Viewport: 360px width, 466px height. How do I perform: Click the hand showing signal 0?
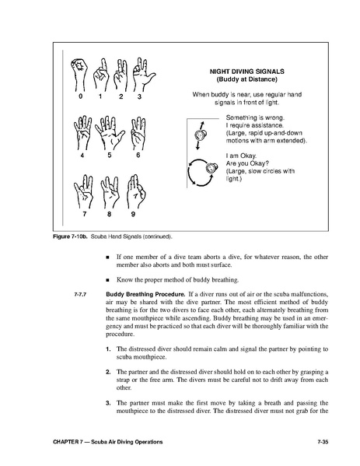coord(79,75)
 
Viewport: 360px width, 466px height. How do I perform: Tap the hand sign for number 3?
coord(144,75)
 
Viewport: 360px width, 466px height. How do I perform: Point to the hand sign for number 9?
coord(136,191)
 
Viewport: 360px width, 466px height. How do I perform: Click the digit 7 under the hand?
coord(85,214)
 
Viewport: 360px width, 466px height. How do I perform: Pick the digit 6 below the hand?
coord(138,155)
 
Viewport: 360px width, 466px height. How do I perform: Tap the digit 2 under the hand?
coord(121,96)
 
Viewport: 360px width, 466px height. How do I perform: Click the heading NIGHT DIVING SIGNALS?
coord(246,72)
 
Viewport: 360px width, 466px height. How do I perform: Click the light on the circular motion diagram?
coord(211,168)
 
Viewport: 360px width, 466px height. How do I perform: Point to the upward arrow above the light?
coord(201,125)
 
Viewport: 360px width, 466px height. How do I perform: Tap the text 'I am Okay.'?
coord(241,156)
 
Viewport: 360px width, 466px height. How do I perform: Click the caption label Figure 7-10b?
coord(71,237)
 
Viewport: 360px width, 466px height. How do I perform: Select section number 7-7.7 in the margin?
coord(80,295)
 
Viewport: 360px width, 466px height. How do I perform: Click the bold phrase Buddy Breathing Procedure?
coord(145,295)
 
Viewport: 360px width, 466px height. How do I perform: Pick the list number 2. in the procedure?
coord(108,372)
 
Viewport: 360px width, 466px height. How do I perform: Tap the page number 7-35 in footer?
coord(323,442)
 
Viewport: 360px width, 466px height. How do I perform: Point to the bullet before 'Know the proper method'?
coord(108,280)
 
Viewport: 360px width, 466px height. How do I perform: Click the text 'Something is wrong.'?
coord(255,117)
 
